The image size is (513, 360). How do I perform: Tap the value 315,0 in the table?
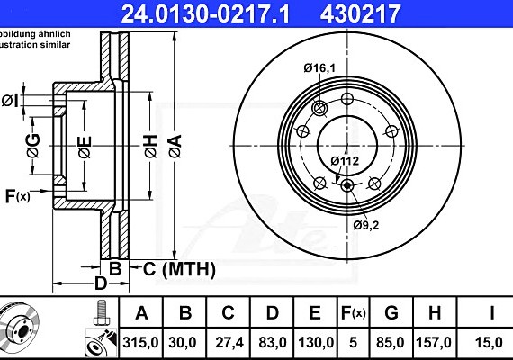click(140, 342)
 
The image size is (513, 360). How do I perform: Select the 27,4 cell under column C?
click(228, 342)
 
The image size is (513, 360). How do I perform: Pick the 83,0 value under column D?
click(271, 342)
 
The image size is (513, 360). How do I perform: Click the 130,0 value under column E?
click(314, 342)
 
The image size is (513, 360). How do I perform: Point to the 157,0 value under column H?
click(434, 342)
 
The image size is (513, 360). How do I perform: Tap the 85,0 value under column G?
click(391, 342)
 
